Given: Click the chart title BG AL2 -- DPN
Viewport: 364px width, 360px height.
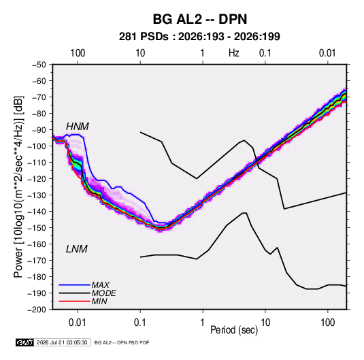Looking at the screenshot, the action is (200, 19).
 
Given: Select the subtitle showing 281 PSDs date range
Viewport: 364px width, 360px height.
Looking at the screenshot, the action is (199, 37).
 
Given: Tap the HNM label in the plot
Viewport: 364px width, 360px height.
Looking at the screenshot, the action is (78, 127).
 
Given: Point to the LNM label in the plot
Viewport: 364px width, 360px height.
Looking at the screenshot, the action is (77, 249).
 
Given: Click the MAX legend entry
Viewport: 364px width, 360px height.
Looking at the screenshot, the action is (100, 284).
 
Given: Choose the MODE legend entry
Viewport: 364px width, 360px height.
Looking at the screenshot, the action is (104, 293).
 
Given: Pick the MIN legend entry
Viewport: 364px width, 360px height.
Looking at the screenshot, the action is (99, 301).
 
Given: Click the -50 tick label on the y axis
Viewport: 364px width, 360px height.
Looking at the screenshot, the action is (39, 65).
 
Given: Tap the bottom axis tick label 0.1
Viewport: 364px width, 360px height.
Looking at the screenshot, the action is (140, 323).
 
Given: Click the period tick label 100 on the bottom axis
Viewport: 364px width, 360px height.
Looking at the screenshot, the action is (327, 323).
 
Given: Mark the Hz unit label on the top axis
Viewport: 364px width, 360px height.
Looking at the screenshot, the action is (234, 53).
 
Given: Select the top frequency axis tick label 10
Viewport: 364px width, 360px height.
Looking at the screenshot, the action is (140, 53).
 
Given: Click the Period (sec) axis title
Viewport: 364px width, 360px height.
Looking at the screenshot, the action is (234, 330).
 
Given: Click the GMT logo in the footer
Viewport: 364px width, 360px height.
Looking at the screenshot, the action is (25, 342).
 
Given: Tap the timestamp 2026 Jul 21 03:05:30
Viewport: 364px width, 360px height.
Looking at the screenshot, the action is (62, 342).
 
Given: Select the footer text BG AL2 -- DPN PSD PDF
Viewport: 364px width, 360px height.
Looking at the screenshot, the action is (122, 342).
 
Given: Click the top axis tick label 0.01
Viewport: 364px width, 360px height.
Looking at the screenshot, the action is (327, 53).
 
